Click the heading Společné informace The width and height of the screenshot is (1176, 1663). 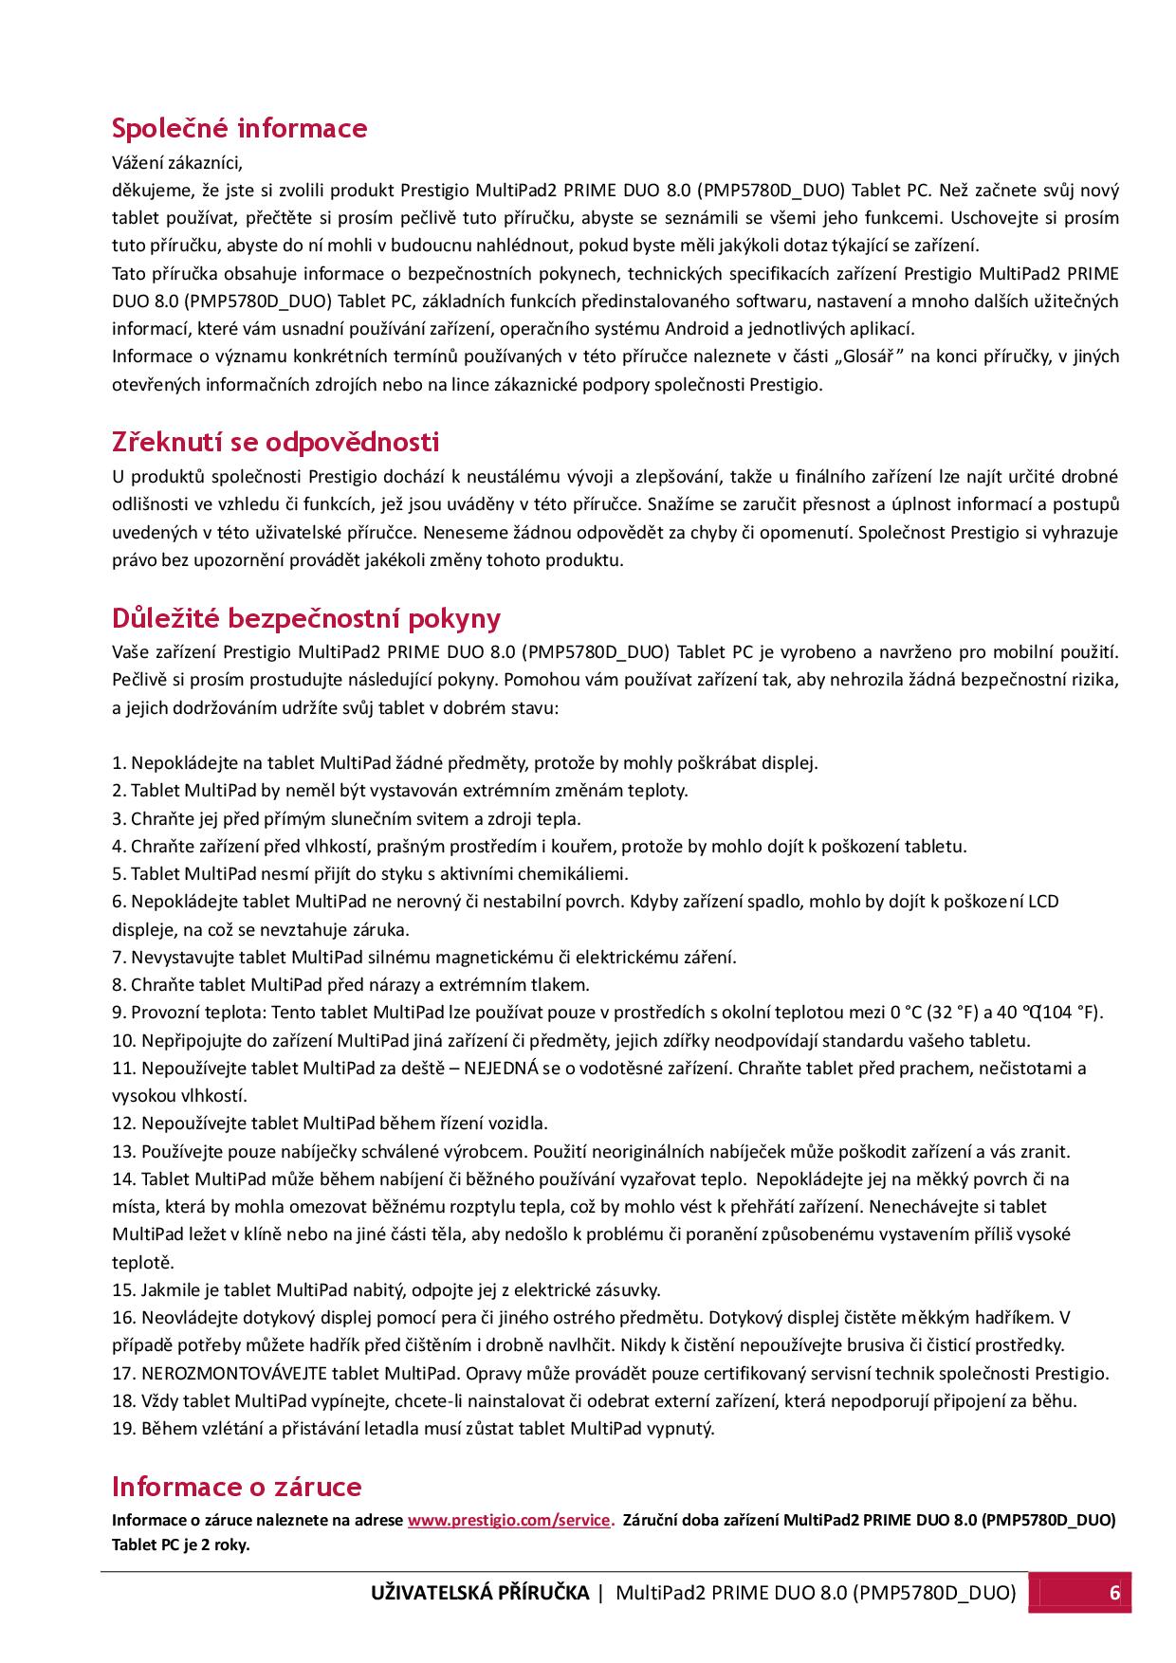click(239, 128)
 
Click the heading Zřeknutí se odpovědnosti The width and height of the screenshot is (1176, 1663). click(275, 442)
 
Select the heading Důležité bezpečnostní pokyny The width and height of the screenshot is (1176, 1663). click(305, 618)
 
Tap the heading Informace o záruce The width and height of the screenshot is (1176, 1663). click(236, 1486)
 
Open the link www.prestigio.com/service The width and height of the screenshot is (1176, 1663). click(509, 1520)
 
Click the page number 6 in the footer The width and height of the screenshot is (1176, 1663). click(1114, 1592)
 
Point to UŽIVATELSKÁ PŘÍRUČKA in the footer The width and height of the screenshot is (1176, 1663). click(480, 1592)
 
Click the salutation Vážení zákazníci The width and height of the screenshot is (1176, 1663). click(177, 162)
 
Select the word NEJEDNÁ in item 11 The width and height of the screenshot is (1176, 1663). click(501, 1069)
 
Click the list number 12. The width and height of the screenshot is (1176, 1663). click(124, 1124)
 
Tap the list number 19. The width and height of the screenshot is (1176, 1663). click(124, 1428)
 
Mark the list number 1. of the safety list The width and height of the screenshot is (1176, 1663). click(119, 762)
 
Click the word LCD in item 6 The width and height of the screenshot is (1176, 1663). click(1043, 901)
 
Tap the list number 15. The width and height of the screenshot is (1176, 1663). click(124, 1289)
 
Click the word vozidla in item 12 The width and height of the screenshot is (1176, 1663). click(517, 1124)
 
